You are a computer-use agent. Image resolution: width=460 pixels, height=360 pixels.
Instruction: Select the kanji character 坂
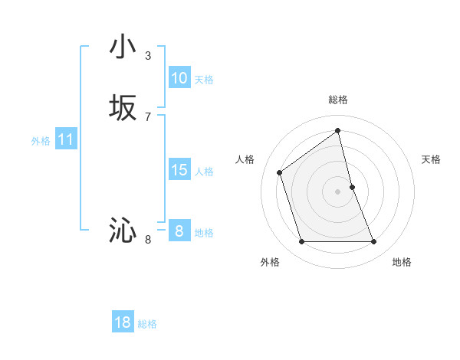point(123,108)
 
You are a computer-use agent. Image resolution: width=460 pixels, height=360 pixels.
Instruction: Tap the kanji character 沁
point(123,230)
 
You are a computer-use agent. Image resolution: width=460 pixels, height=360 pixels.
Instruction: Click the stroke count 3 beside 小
point(148,55)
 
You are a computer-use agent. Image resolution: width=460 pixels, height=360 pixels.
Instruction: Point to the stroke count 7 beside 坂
point(148,116)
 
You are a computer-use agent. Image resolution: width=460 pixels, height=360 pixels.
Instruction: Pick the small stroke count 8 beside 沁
point(148,240)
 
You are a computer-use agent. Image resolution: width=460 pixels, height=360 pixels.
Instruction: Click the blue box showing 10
point(179,78)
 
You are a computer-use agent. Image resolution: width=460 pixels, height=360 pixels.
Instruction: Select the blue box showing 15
point(179,170)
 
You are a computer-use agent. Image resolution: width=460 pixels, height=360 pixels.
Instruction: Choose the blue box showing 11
point(65,140)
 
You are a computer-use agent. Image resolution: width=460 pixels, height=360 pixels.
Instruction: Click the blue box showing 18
point(123,322)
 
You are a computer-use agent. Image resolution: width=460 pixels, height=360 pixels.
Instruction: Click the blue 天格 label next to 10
point(204,80)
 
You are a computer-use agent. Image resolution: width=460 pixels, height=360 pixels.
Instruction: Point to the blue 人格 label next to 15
point(204,172)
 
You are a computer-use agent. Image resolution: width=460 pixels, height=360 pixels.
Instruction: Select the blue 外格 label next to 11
point(41,141)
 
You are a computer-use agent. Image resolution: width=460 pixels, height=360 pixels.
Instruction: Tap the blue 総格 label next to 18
point(147,324)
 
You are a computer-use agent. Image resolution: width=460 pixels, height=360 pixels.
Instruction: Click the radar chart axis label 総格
point(338,100)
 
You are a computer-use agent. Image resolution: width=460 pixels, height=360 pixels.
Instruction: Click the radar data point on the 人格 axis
point(280,172)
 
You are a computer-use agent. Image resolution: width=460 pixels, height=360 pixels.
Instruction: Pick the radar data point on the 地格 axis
point(374,242)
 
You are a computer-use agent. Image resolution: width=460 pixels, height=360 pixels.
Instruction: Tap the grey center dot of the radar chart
point(338,191)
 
